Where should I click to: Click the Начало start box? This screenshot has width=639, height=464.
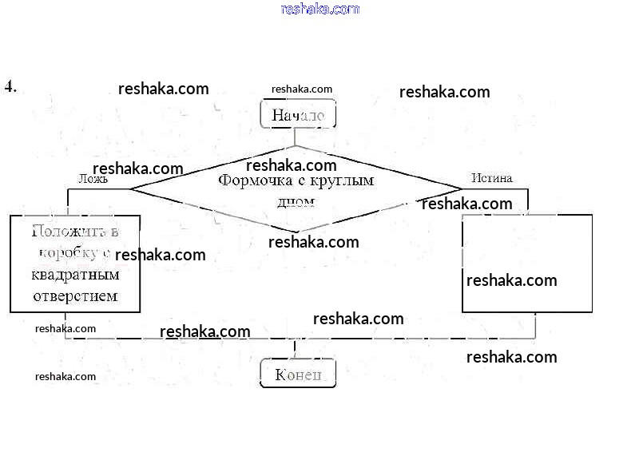(298, 114)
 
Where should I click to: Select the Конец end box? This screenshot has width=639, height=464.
(298, 374)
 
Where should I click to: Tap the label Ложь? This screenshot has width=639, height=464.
(93, 180)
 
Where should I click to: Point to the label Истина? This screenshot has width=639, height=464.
(491, 178)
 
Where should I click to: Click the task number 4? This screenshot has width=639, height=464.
(10, 86)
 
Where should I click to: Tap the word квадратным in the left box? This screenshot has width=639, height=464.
(75, 276)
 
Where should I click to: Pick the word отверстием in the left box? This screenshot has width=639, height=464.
(75, 296)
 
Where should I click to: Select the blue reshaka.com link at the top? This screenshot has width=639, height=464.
(320, 9)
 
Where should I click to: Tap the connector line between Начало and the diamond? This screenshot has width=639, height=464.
(295, 137)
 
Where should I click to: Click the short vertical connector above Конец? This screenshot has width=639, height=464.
(295, 350)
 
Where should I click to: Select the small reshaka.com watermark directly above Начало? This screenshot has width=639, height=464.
(302, 89)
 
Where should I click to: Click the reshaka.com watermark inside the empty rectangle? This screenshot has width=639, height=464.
(511, 280)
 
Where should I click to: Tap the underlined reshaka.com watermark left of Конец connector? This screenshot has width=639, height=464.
(204, 331)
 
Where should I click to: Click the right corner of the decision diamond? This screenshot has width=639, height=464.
(462, 188)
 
